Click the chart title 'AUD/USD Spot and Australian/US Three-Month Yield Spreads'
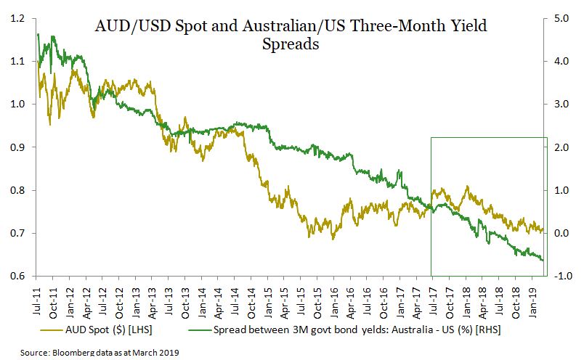point(291,35)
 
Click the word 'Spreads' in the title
point(291,44)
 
